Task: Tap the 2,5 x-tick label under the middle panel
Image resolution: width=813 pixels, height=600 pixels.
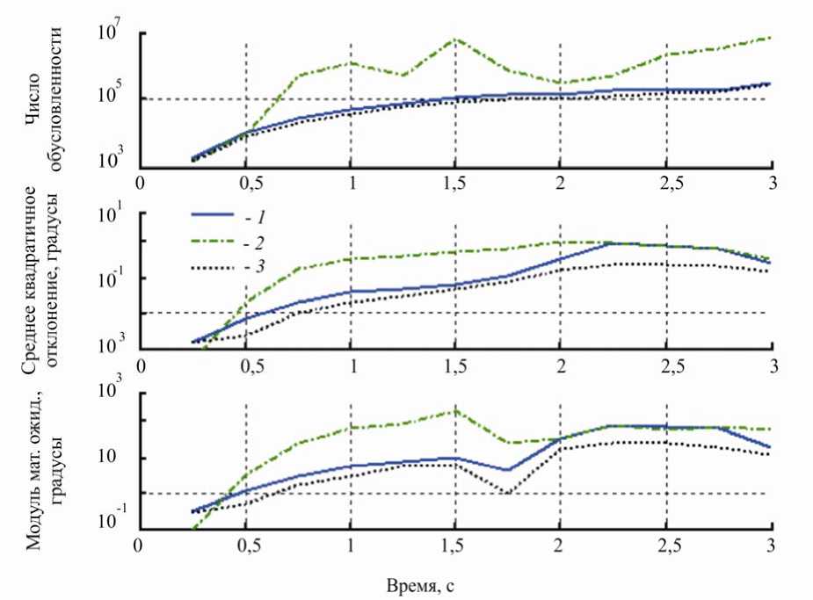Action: pos(666,362)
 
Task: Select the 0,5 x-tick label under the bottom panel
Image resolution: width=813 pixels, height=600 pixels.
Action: pos(245,545)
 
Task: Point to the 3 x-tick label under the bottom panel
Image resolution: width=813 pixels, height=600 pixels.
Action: pos(772,545)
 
